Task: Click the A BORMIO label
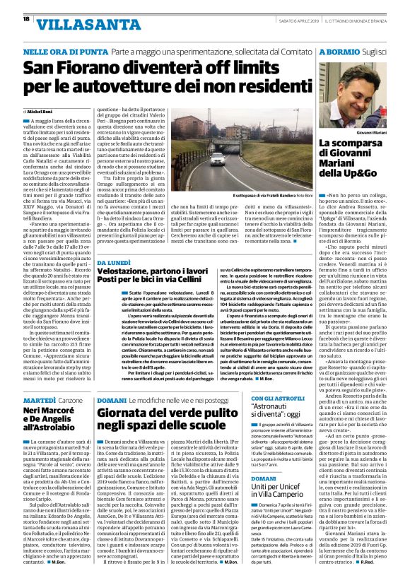tap(339, 52)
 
